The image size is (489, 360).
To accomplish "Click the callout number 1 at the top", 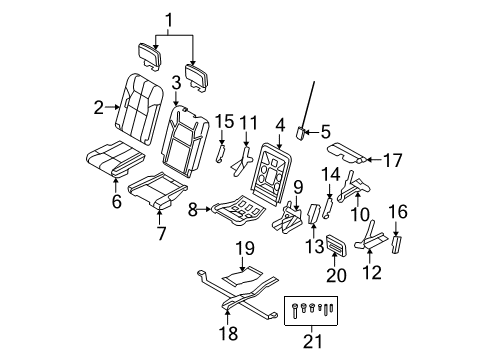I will [169, 17].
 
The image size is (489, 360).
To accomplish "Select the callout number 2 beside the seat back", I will [98, 106].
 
